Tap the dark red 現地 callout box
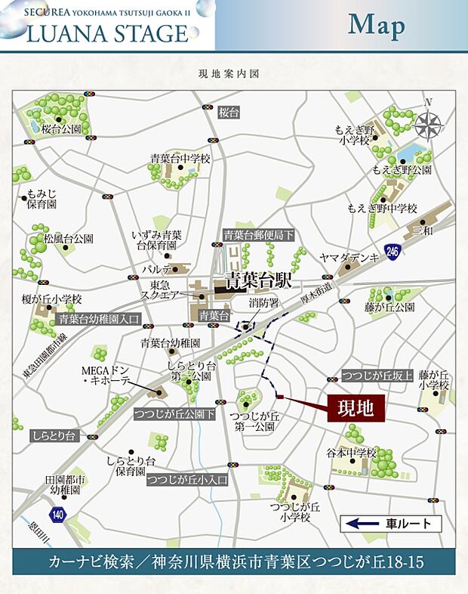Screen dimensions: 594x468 pos(356,409)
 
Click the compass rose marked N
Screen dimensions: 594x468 pos(428,122)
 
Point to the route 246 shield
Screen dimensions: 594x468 pos(391,250)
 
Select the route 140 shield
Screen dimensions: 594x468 pos(58,515)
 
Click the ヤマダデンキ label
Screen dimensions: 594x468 pos(349,258)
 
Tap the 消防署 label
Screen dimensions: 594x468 pos(264,303)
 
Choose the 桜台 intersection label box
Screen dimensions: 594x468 pos(228,113)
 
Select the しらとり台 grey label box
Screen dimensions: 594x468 pos(54,436)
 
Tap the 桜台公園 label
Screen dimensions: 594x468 pos(61,129)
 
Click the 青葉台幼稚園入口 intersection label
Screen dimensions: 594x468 pos(99,320)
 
